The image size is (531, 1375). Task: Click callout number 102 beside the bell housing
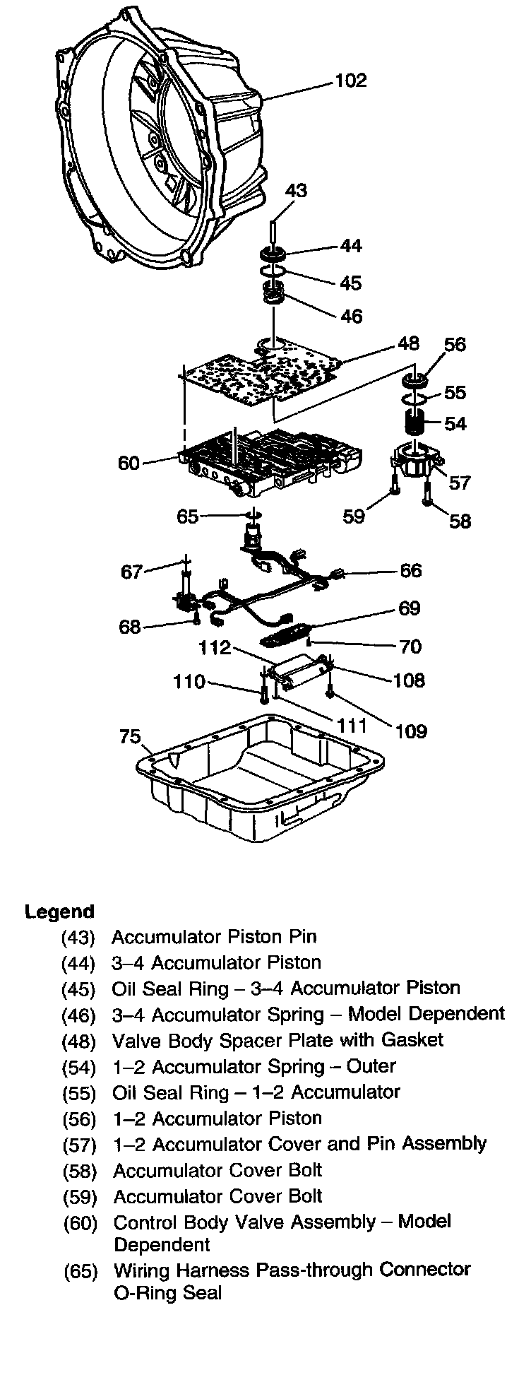point(351,81)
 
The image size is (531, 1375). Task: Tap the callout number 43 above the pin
point(297,191)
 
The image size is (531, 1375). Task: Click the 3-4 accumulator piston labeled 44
point(272,254)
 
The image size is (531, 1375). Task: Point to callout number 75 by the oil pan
point(131,737)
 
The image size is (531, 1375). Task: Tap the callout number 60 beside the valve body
point(129,464)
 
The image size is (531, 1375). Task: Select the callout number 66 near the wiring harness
point(411,571)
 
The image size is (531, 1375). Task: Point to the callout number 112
point(215,648)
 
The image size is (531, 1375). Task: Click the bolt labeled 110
point(263,695)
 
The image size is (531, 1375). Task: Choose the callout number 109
point(412,731)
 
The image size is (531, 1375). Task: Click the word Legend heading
point(59,911)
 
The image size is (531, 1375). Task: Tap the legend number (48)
point(78,1041)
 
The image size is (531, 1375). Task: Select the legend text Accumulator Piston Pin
point(214,937)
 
